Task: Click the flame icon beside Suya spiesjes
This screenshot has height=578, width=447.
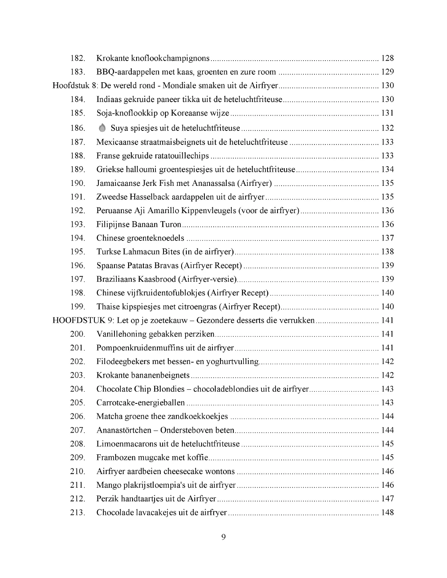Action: pos(102,128)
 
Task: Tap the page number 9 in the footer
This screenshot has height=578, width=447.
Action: pos(223,537)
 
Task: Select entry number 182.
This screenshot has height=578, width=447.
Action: pos(78,58)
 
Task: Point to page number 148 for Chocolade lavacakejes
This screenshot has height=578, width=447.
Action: pos(387,513)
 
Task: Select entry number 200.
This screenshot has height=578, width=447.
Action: pos(78,334)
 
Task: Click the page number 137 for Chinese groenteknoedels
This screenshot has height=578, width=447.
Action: pos(387,238)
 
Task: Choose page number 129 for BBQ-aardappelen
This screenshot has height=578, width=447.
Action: pos(387,72)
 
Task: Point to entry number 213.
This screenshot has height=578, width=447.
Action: pos(78,513)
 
